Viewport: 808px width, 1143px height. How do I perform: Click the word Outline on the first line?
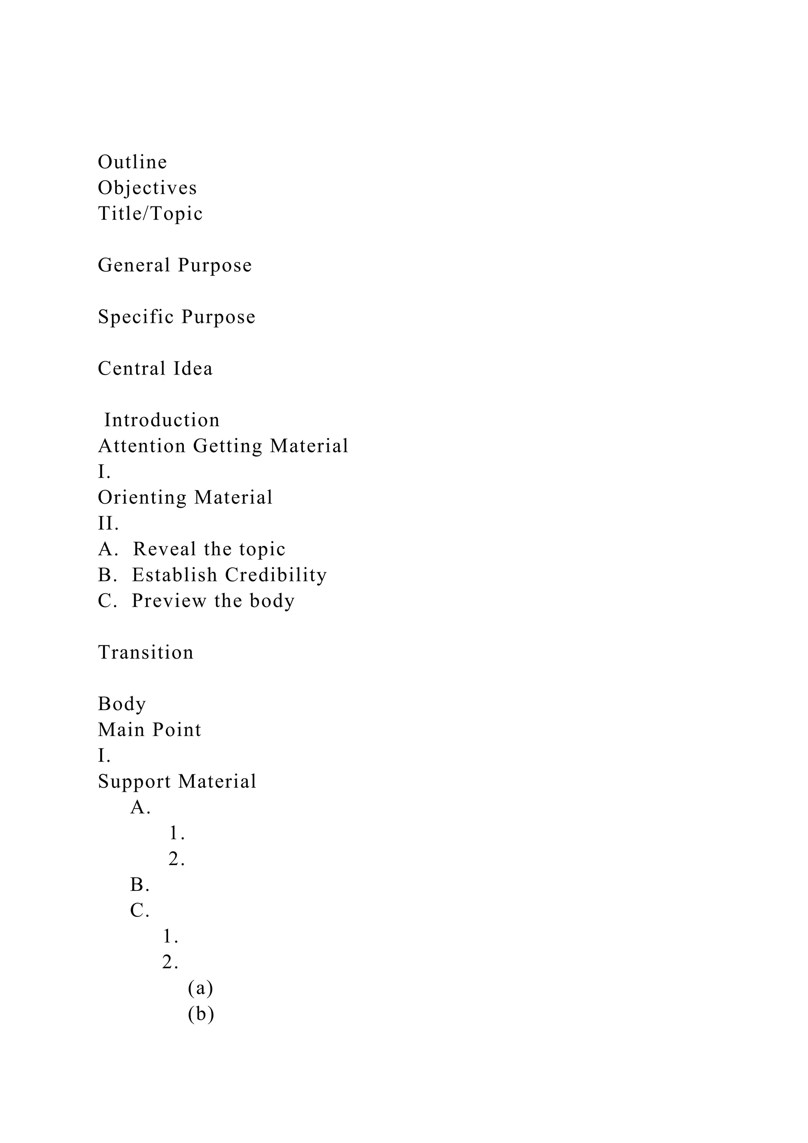pyautogui.click(x=132, y=162)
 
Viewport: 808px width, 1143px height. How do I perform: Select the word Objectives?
pyautogui.click(x=147, y=188)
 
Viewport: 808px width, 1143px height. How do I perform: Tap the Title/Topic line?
pyautogui.click(x=150, y=214)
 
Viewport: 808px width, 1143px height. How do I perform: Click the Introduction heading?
pyautogui.click(x=162, y=420)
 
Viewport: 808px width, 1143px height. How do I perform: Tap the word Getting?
pyautogui.click(x=227, y=446)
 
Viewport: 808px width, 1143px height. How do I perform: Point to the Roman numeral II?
pyautogui.click(x=108, y=523)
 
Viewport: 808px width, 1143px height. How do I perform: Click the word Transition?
pyautogui.click(x=145, y=653)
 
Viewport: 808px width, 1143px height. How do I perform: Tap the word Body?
pyautogui.click(x=122, y=704)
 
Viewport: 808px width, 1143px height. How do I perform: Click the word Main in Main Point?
pyautogui.click(x=122, y=730)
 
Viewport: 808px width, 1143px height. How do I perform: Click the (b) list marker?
pyautogui.click(x=201, y=1014)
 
